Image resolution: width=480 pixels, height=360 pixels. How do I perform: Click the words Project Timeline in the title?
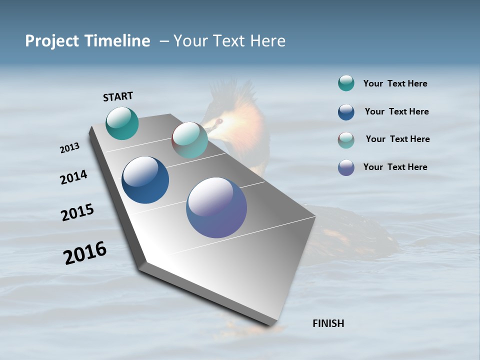click(x=87, y=41)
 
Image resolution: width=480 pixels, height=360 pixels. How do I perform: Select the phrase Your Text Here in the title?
click(x=229, y=41)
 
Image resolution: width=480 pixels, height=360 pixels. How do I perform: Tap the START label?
click(x=118, y=96)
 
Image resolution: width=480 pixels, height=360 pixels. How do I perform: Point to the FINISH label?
click(x=328, y=323)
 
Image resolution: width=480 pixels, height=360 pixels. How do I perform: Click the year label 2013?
click(x=69, y=148)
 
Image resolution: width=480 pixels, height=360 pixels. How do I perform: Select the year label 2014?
click(x=73, y=177)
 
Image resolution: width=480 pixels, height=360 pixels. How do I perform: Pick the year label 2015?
click(x=77, y=212)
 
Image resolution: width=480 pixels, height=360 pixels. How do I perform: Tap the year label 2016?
click(x=85, y=252)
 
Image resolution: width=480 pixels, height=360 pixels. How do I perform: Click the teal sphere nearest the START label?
click(x=122, y=123)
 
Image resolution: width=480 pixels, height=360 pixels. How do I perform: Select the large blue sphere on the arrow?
click(x=145, y=180)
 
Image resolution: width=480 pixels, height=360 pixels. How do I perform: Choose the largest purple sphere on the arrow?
click(x=216, y=207)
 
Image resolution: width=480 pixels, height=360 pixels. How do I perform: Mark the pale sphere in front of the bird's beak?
click(x=189, y=140)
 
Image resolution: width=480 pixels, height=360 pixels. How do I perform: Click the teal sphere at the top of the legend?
click(x=346, y=83)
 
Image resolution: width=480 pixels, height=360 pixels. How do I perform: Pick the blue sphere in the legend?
click(x=346, y=112)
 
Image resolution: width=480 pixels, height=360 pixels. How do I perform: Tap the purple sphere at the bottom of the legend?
click(x=346, y=167)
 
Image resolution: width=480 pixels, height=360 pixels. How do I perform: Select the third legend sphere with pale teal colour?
click(x=346, y=140)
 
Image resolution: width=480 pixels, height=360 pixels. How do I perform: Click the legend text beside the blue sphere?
click(x=396, y=111)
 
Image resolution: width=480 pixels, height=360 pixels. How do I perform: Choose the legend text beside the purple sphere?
click(x=395, y=167)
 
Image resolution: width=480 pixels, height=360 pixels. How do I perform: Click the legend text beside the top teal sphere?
click(x=395, y=83)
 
